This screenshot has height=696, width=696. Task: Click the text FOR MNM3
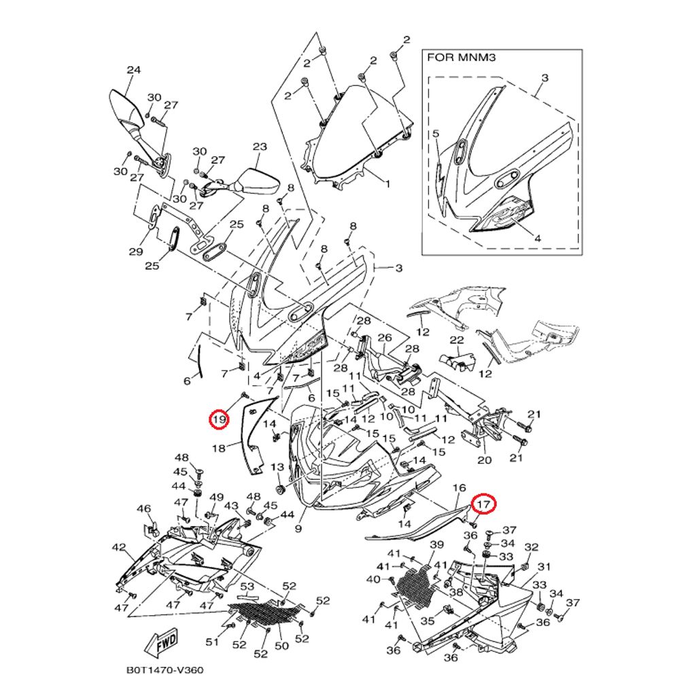tap(462, 58)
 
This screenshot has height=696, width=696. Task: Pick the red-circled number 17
tap(484, 504)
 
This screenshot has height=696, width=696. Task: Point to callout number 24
tap(133, 70)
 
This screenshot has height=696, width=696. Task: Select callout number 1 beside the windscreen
tap(387, 184)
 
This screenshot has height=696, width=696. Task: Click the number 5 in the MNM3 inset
tap(436, 134)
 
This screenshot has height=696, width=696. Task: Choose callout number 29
tap(136, 251)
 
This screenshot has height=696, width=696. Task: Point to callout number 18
tap(218, 448)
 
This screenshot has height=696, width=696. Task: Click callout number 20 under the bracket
tap(484, 460)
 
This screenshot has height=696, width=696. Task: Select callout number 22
tap(457, 340)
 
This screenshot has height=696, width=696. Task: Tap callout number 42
tap(119, 547)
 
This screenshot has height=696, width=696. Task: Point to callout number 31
tap(544, 567)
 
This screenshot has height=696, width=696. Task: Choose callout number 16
tap(459, 488)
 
